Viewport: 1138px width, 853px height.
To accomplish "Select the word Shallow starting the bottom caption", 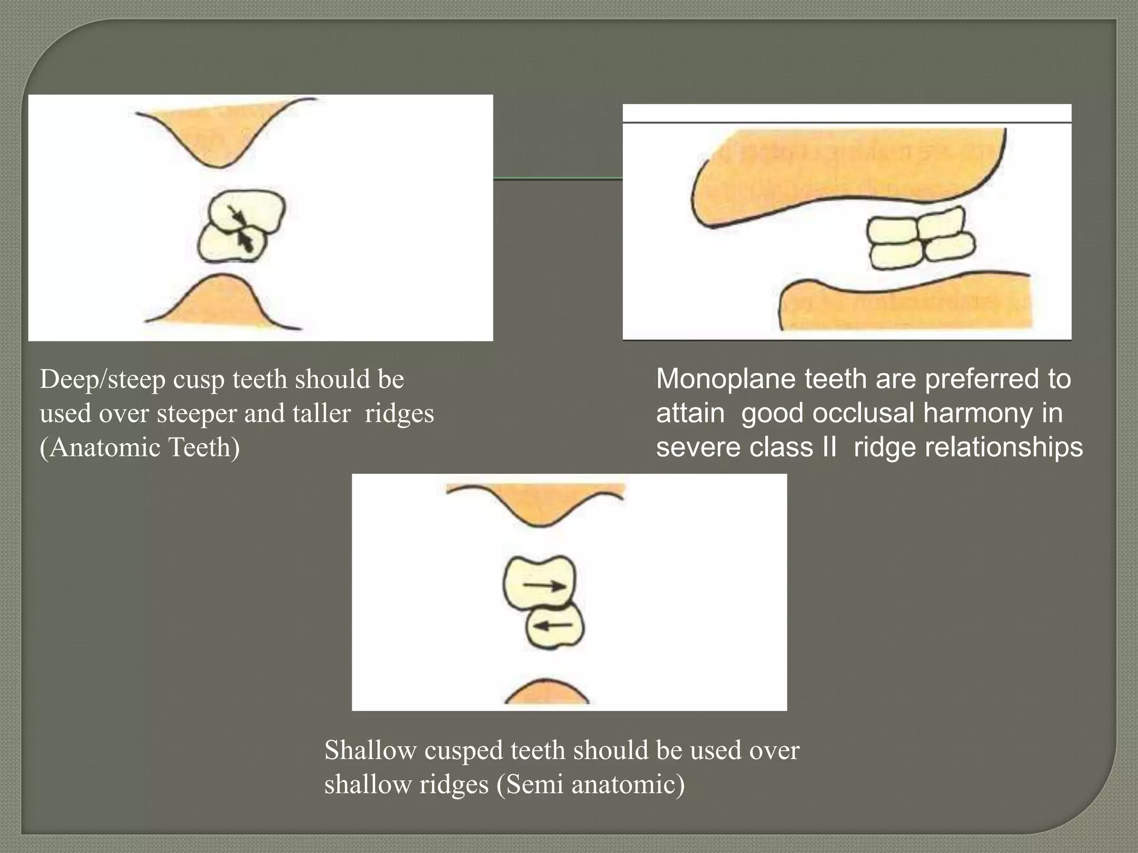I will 370,750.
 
